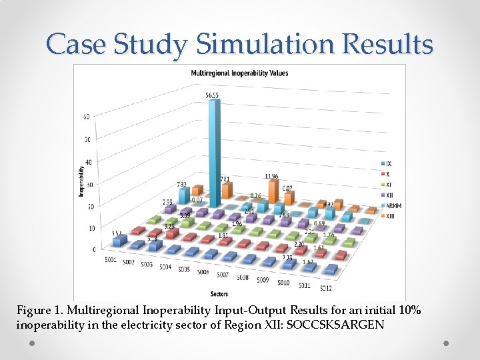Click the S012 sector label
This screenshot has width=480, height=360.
(x=325, y=288)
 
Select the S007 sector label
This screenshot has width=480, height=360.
(x=223, y=274)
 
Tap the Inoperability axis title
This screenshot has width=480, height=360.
(x=81, y=180)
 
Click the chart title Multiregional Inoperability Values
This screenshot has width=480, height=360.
(x=239, y=73)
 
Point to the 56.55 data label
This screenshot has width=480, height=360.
(x=212, y=95)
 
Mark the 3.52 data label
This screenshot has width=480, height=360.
(x=117, y=234)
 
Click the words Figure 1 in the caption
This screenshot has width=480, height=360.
(x=39, y=311)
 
